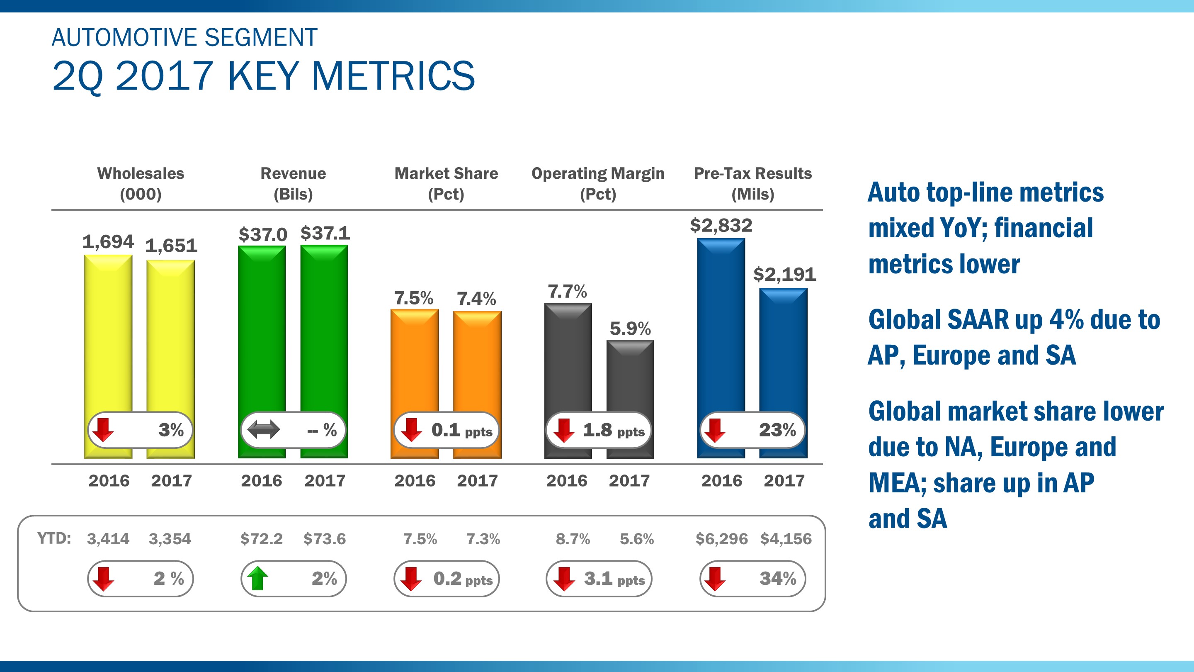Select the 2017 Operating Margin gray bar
[630, 376]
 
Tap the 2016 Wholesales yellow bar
[108, 334]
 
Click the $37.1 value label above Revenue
[325, 233]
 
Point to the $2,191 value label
[784, 275]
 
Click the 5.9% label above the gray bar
[630, 329]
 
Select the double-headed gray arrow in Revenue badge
[263, 429]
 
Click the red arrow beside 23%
[715, 430]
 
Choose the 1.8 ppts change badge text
[613, 431]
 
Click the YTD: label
[54, 538]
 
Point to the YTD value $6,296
[721, 539]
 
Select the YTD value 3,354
[170, 539]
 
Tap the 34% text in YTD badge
[777, 578]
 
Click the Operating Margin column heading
[597, 173]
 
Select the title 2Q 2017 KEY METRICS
[263, 76]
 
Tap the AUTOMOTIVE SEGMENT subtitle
[184, 38]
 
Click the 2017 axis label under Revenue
[325, 480]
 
